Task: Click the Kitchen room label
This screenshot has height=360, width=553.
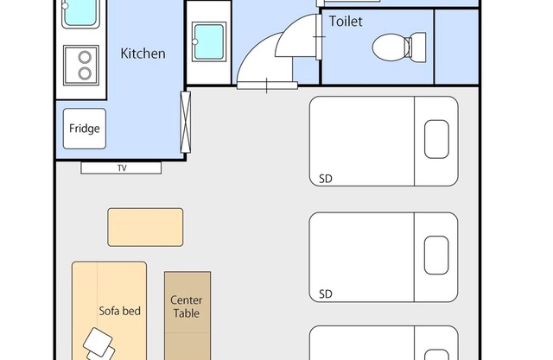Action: point(143,54)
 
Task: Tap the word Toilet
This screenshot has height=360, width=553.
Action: point(346,22)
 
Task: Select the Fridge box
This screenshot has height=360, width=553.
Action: point(85,129)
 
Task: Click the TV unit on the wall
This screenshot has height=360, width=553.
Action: point(121,168)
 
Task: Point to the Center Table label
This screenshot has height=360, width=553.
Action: point(187,306)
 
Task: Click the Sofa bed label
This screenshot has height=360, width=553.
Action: point(120,311)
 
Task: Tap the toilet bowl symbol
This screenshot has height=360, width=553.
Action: point(391,47)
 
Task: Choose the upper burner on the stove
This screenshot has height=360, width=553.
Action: point(85,57)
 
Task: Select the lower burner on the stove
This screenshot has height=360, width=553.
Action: point(85,73)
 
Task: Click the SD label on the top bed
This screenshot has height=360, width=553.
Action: point(326,179)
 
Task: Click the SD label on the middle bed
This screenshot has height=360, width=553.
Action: point(326,294)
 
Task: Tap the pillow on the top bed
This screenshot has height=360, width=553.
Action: point(436,139)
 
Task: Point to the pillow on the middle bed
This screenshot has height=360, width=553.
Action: point(436,255)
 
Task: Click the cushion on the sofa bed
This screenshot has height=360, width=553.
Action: point(99,343)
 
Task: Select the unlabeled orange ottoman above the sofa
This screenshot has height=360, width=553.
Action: point(145,227)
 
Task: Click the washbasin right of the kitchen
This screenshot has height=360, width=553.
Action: point(209,41)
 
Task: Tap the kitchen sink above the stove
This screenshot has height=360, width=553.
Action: point(80,14)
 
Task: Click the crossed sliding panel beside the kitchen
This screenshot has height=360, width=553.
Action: point(186,123)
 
